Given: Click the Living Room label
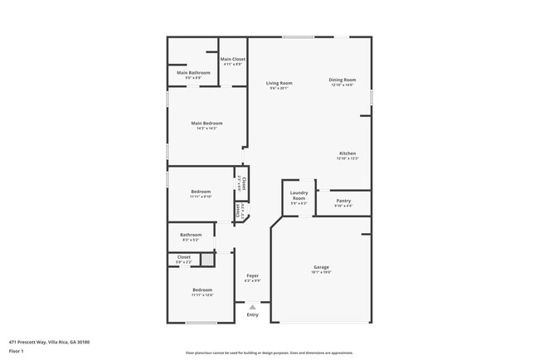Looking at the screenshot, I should (x=279, y=83).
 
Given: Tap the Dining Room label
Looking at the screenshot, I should (x=342, y=80).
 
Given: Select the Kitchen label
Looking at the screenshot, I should (x=347, y=153).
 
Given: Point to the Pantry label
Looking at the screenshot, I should (x=343, y=201).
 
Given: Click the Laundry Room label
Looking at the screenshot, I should (x=299, y=196).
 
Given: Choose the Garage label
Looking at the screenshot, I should (x=320, y=267).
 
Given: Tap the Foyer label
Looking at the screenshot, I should (x=253, y=275).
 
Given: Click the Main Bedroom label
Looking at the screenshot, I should (x=206, y=124).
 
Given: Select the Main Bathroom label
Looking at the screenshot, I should (x=193, y=73).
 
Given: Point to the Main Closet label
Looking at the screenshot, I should (x=232, y=59).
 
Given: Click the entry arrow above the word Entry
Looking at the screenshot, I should (x=253, y=306).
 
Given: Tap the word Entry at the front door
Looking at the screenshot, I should (x=253, y=314).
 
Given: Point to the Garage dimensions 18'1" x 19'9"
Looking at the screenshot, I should (x=320, y=272).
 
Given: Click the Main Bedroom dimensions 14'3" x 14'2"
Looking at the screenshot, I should (x=206, y=129).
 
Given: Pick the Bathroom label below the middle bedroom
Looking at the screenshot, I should (x=191, y=235).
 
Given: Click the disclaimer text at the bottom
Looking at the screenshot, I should (x=269, y=353).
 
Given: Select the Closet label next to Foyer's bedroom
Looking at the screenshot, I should (x=184, y=257).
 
